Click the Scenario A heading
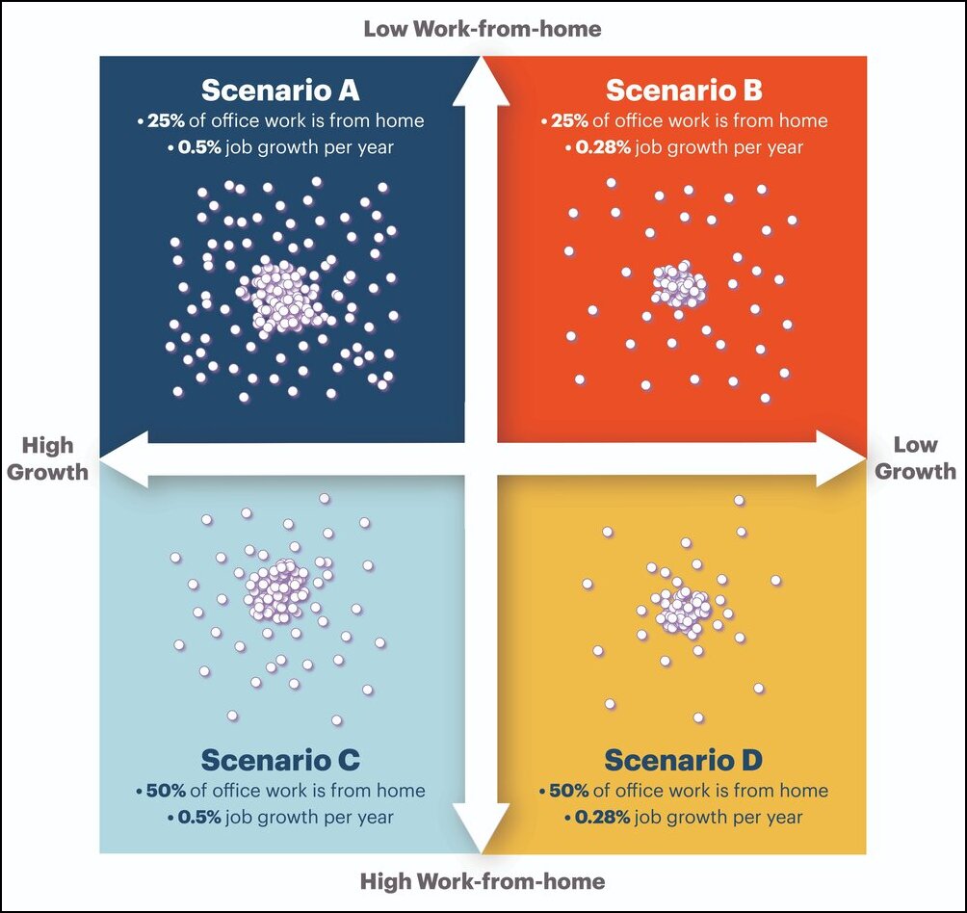tap(280, 91)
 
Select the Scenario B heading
tap(684, 91)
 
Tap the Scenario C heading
tap(280, 760)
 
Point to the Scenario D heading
tap(684, 760)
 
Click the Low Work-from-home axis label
tap(482, 29)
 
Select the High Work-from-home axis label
tap(482, 881)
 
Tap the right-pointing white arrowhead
tap(840, 458)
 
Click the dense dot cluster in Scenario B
tap(679, 285)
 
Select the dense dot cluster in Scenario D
tap(685, 608)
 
